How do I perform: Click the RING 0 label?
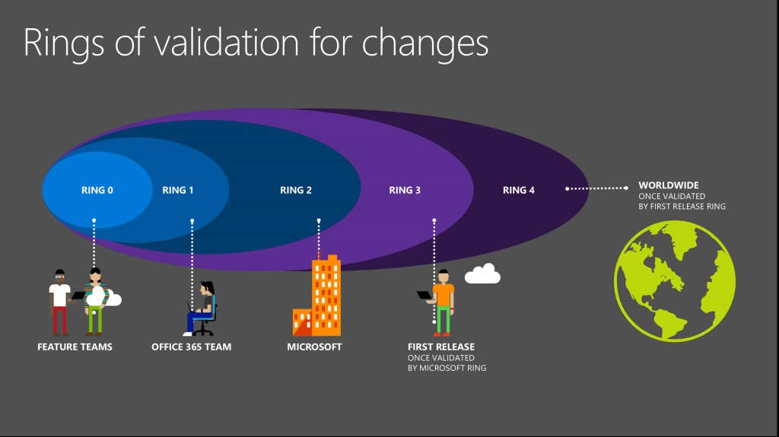click(x=97, y=190)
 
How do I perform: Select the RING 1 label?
click(x=178, y=190)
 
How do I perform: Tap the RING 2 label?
click(x=296, y=190)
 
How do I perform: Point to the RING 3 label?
click(x=405, y=190)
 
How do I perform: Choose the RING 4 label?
click(x=519, y=190)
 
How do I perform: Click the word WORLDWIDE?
click(x=669, y=185)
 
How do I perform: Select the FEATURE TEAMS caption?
click(x=75, y=347)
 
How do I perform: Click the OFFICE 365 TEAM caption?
click(x=191, y=347)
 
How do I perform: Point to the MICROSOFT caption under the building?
click(x=314, y=347)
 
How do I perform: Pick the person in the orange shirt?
click(x=442, y=301)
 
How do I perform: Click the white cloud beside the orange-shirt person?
click(x=482, y=274)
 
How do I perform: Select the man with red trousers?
click(x=60, y=302)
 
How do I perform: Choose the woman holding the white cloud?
click(x=94, y=302)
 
